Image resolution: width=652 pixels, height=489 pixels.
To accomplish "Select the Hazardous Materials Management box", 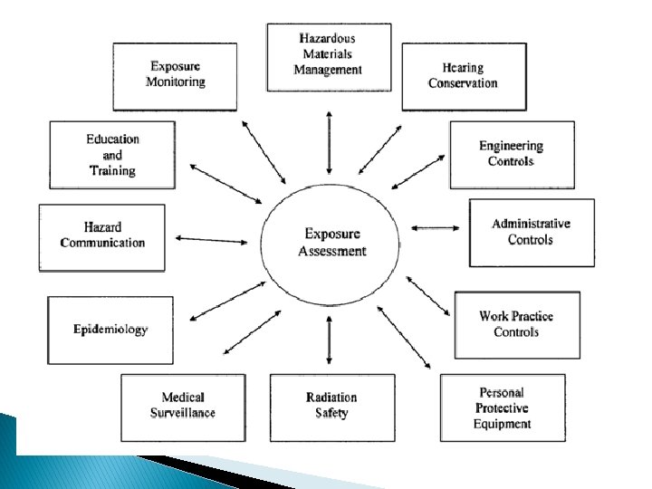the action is point(329,56).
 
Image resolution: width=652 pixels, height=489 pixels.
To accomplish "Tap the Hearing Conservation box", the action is point(463,76).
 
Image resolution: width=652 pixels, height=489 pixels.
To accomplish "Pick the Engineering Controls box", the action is point(511,153).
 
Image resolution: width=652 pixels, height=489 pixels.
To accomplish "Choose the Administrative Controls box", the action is point(532,232).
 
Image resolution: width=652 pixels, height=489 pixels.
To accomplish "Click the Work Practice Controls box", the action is point(516,324).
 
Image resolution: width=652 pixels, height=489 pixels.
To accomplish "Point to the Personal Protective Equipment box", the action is point(502,407).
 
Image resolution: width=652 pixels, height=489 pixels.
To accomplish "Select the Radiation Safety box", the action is point(331,406).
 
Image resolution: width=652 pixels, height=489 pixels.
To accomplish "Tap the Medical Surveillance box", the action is point(183,406).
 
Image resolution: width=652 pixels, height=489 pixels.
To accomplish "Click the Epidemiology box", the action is point(110,330).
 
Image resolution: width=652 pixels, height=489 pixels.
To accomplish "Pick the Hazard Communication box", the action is point(102,235).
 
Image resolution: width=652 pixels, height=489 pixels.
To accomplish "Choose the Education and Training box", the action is point(112,155).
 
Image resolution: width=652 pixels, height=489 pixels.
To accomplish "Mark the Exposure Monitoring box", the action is point(176,74).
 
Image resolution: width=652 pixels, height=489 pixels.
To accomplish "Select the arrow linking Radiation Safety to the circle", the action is point(330,340).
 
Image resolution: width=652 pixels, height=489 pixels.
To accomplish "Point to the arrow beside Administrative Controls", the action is point(436,227).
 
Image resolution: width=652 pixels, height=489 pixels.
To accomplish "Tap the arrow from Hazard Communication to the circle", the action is point(211,240).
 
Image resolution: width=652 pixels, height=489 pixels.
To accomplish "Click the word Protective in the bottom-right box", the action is point(502,408).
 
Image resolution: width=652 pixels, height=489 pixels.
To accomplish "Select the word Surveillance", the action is point(183,413).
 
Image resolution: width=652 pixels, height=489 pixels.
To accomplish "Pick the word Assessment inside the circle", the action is point(332,251).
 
